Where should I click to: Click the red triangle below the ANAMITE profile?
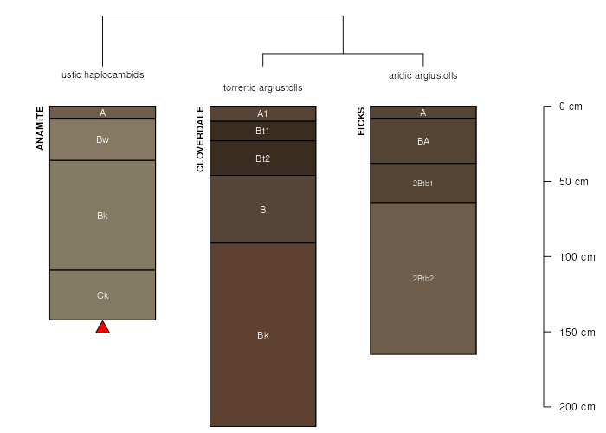pos(102,327)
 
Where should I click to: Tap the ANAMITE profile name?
pos(40,128)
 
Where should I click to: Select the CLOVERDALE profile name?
pos(200,139)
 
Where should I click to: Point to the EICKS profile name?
pos(361,121)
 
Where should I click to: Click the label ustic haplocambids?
pos(103,74)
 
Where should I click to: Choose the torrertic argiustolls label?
pos(263,87)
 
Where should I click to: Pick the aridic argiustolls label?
pos(423,75)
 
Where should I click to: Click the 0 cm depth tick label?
pos(571,107)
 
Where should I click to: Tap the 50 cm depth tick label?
pos(573,182)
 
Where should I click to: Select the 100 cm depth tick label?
pos(577,257)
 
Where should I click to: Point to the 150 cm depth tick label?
pos(577,333)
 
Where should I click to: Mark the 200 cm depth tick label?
pos(577,407)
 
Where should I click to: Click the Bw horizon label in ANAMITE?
pos(102,139)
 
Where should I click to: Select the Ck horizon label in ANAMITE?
pos(102,295)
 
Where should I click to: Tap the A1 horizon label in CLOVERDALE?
pos(262,113)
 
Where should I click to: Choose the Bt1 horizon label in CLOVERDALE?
pos(262,131)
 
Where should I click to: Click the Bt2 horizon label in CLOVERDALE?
pos(263,158)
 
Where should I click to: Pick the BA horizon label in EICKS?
pos(423,141)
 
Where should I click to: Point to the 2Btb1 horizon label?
pos(422,184)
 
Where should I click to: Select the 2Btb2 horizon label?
pos(422,278)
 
